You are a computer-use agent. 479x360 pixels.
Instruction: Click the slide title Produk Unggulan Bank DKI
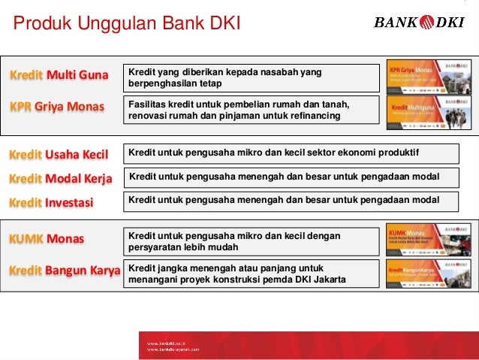[x=127, y=26]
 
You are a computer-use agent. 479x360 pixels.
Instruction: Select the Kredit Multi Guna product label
[x=59, y=76]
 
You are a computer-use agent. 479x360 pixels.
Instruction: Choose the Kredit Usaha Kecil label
[x=59, y=156]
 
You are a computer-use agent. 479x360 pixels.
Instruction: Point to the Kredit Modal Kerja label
[x=60, y=179]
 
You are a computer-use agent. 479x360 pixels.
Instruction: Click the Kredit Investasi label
[x=50, y=202]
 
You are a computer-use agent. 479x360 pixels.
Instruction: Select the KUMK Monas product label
[x=47, y=240]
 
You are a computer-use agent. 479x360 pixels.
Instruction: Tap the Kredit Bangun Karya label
[x=65, y=270]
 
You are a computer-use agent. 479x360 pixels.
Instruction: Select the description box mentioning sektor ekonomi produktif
[x=291, y=153]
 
